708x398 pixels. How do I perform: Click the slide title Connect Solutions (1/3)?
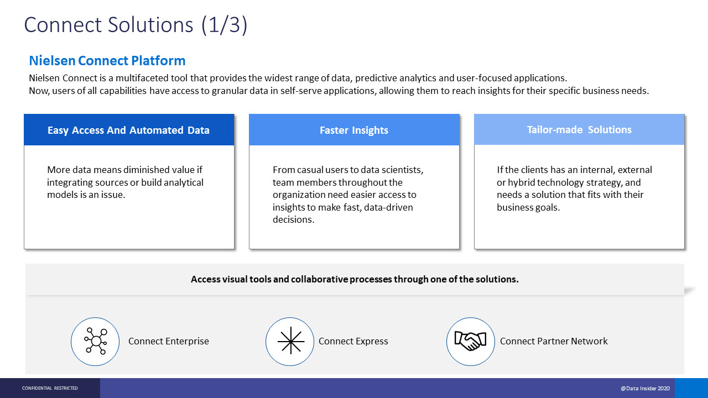pyautogui.click(x=136, y=25)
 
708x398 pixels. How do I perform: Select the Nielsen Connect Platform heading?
pyautogui.click(x=107, y=61)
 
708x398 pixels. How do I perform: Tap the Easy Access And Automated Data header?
pyautogui.click(x=128, y=130)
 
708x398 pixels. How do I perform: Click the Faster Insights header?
pyautogui.click(x=353, y=130)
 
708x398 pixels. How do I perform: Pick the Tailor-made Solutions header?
pyautogui.click(x=579, y=129)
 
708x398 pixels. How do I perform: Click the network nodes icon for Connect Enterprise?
pyautogui.click(x=96, y=341)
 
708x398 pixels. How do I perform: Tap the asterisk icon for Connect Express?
pyautogui.click(x=291, y=342)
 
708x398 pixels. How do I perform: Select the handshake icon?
pyautogui.click(x=470, y=341)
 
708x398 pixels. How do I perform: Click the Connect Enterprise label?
pyautogui.click(x=169, y=341)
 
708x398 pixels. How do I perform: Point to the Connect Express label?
pyautogui.click(x=353, y=341)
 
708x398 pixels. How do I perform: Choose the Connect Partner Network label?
pyautogui.click(x=554, y=341)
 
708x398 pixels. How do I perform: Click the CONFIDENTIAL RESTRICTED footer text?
pyautogui.click(x=50, y=388)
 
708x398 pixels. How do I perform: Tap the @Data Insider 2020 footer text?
pyautogui.click(x=645, y=388)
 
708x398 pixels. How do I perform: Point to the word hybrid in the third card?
pyautogui.click(x=521, y=182)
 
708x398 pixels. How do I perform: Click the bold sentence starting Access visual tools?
pyautogui.click(x=355, y=279)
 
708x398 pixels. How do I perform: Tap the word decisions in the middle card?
pyautogui.click(x=294, y=219)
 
